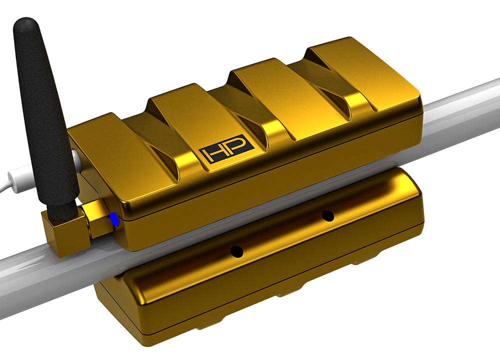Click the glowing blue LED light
click(114, 218)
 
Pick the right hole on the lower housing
click(327, 215)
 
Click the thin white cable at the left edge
click(10, 180)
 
